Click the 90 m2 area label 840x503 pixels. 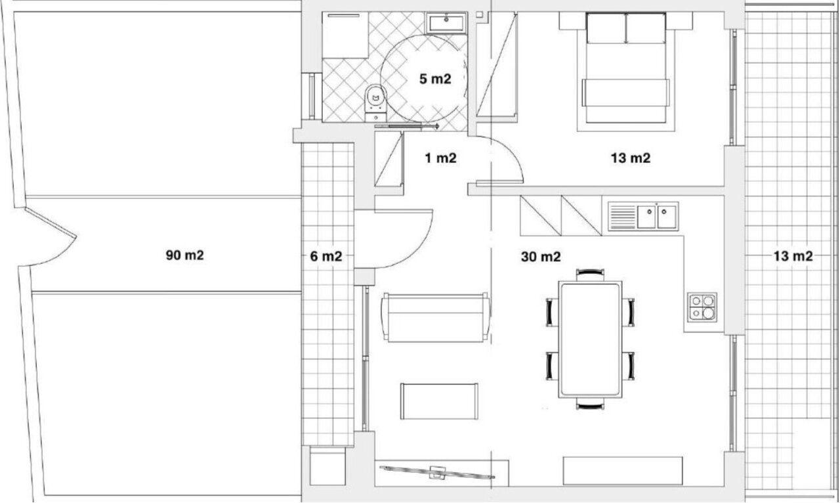(x=185, y=255)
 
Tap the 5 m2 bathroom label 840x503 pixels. (x=435, y=79)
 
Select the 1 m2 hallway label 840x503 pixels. (x=440, y=158)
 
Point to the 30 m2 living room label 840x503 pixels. (x=541, y=257)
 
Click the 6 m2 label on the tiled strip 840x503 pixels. (x=326, y=256)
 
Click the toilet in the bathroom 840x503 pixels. (x=376, y=103)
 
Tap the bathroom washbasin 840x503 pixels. (x=446, y=23)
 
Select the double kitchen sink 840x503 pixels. (x=642, y=216)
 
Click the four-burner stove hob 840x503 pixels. (x=702, y=307)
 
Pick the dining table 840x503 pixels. (x=590, y=339)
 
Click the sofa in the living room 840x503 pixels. (x=436, y=318)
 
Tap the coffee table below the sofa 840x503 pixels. (x=439, y=401)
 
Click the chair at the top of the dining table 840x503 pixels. (x=590, y=274)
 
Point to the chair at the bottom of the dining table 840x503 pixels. (x=590, y=404)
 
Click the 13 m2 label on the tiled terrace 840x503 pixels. (x=793, y=256)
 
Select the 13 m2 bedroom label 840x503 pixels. (x=631, y=158)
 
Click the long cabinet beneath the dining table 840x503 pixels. (x=623, y=471)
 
